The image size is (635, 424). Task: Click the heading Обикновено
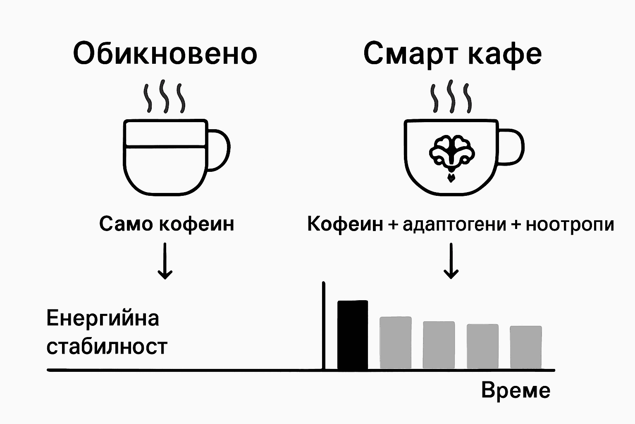[x=165, y=54]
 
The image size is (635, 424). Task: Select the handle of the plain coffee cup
[x=219, y=149]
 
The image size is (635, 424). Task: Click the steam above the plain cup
[x=164, y=97]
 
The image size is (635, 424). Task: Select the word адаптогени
[x=454, y=224]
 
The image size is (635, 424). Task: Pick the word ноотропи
[x=569, y=224]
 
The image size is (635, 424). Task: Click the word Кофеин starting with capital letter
[x=345, y=224]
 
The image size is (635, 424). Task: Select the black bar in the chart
[x=353, y=335]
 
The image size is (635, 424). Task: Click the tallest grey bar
[x=396, y=342]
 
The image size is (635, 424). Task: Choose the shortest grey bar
[x=525, y=347]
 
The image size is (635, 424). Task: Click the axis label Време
[x=516, y=390]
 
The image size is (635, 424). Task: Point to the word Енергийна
[x=103, y=318]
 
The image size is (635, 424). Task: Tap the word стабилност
[x=107, y=347]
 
